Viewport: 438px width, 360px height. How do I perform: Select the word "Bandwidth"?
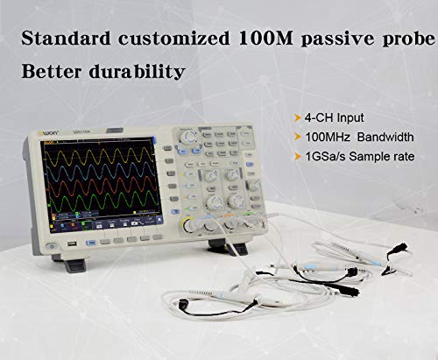pyautogui.click(x=378, y=138)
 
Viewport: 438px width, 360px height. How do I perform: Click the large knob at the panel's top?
pyautogui.click(x=188, y=137)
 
